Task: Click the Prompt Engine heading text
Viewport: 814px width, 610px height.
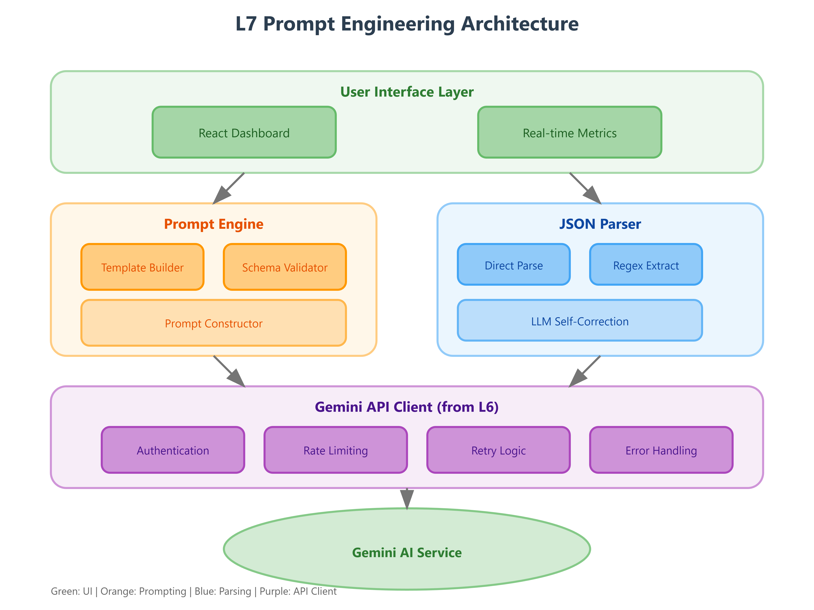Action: [213, 224]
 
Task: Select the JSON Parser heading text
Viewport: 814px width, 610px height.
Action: [600, 224]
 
